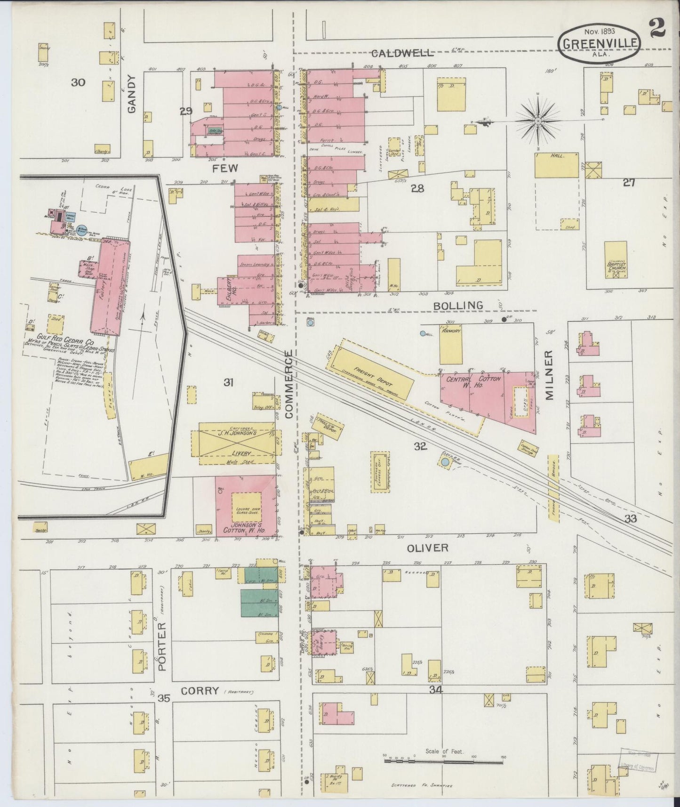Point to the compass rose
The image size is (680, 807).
(537, 121)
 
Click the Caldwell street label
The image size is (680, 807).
(401, 53)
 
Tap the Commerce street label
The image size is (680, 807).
(288, 384)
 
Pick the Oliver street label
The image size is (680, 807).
(427, 548)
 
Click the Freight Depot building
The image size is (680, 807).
(371, 370)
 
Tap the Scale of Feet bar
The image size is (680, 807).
(444, 761)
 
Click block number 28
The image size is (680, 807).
(417, 189)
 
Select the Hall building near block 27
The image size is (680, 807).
(556, 164)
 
